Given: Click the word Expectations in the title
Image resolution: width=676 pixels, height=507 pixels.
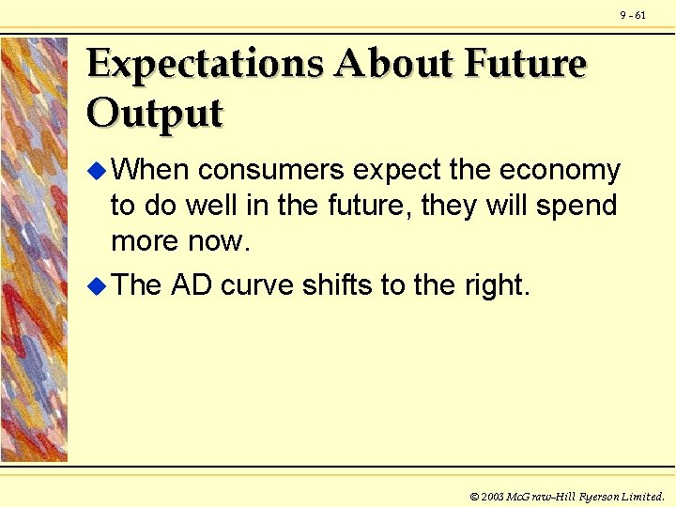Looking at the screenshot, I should pyautogui.click(x=206, y=65).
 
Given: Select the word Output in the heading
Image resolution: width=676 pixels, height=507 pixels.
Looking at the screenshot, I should pyautogui.click(x=154, y=114).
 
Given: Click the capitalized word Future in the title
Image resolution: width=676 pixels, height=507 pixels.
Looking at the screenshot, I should pyautogui.click(x=525, y=65).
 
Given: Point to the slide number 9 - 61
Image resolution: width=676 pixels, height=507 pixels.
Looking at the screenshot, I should pyautogui.click(x=633, y=15).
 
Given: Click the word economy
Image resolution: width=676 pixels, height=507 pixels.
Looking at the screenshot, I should pyautogui.click(x=560, y=171).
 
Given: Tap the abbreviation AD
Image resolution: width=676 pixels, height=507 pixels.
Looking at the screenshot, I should pyautogui.click(x=191, y=285).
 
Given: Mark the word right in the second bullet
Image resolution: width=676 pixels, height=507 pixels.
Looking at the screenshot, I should pyautogui.click(x=498, y=285).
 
